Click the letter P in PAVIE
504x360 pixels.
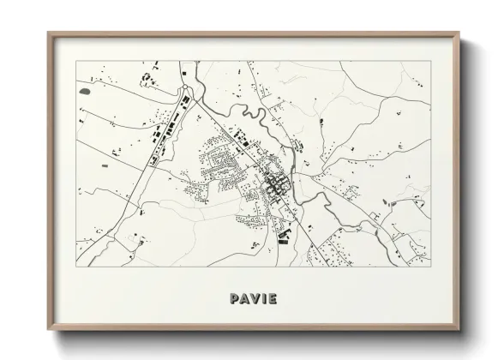tap(234, 299)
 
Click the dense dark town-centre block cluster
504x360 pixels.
tap(276, 182)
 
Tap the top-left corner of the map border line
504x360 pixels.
tap(76, 61)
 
